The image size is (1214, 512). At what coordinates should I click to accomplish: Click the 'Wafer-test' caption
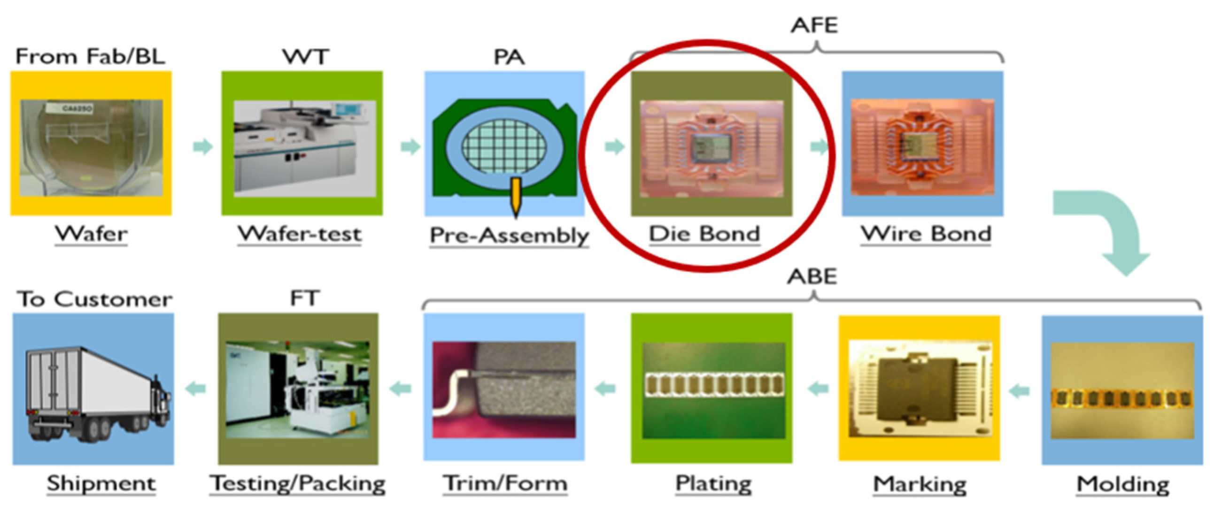point(300,234)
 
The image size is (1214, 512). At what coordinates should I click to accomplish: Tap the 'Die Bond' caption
point(704,234)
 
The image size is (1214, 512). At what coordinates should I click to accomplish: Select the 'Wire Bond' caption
point(926,234)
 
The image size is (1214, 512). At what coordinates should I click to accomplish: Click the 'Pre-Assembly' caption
point(509,235)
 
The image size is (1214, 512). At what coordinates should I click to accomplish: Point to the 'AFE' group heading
point(814,25)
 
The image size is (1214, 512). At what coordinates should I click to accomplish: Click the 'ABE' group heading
point(812,276)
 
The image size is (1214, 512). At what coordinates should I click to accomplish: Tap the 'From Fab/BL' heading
point(91,56)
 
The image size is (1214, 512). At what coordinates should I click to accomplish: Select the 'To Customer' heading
point(94,299)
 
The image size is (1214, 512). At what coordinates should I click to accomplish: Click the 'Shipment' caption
point(101,484)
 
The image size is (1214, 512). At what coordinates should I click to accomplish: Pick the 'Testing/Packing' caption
point(297,484)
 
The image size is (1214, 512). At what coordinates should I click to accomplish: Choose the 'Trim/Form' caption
point(505,484)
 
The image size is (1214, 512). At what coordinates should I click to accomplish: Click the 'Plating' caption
point(713,484)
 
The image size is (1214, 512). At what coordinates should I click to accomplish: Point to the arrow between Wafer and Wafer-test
point(203,146)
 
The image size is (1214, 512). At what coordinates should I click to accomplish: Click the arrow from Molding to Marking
point(1020,391)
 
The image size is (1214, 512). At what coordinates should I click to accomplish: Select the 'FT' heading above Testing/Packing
point(305,298)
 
